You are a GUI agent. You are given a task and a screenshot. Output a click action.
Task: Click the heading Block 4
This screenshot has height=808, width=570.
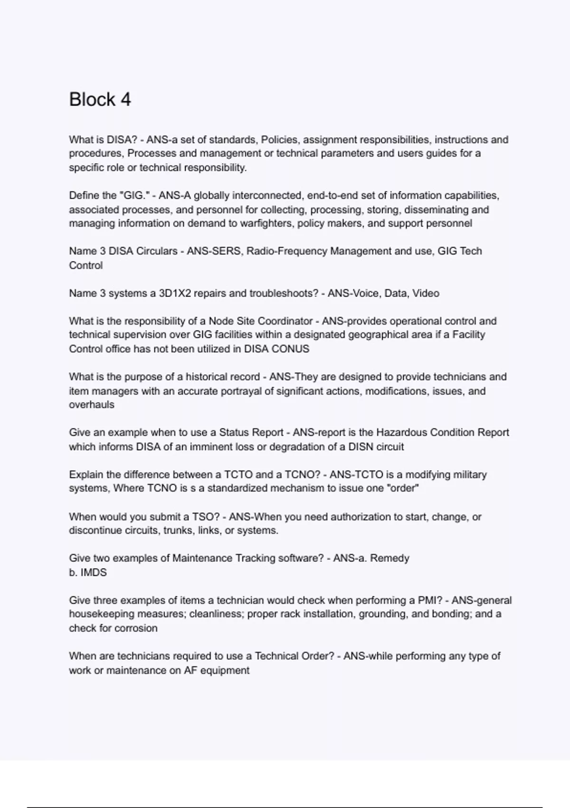pos(100,100)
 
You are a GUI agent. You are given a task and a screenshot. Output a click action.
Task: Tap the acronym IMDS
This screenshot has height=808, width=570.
pos(94,572)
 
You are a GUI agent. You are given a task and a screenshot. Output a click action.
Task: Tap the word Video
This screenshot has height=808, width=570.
pos(426,293)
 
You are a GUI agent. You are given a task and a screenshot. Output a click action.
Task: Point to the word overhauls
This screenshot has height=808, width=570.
pos(92,404)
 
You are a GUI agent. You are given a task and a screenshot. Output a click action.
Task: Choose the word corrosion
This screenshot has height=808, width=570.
pos(134,628)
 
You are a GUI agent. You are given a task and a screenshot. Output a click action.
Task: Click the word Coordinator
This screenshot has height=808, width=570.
pos(282,321)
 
